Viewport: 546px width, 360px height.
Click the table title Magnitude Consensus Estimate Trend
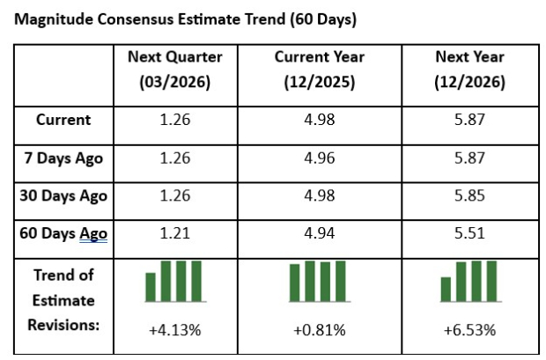186,18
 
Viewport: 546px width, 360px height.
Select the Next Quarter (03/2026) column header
174,70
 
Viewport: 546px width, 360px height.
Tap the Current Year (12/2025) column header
318,70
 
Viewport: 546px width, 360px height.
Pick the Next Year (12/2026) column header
470,70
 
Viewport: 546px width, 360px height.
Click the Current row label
63,120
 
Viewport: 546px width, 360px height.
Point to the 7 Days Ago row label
63,158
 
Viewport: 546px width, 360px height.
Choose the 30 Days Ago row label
63,195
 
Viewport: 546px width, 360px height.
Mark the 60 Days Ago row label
63,233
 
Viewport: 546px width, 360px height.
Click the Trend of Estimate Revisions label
63,299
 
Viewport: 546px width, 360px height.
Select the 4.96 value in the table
318,158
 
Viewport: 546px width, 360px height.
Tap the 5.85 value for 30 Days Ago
470,195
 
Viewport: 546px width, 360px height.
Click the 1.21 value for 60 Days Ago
174,233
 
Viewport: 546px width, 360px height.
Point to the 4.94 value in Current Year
318,233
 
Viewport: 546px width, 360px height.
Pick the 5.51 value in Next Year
470,233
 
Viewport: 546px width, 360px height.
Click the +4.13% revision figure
174,330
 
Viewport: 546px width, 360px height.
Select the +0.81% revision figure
318,330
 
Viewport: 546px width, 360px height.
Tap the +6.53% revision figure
470,330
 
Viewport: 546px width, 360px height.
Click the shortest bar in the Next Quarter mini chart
151,287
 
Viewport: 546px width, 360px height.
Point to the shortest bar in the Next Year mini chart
446,290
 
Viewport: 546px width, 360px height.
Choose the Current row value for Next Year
470,120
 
